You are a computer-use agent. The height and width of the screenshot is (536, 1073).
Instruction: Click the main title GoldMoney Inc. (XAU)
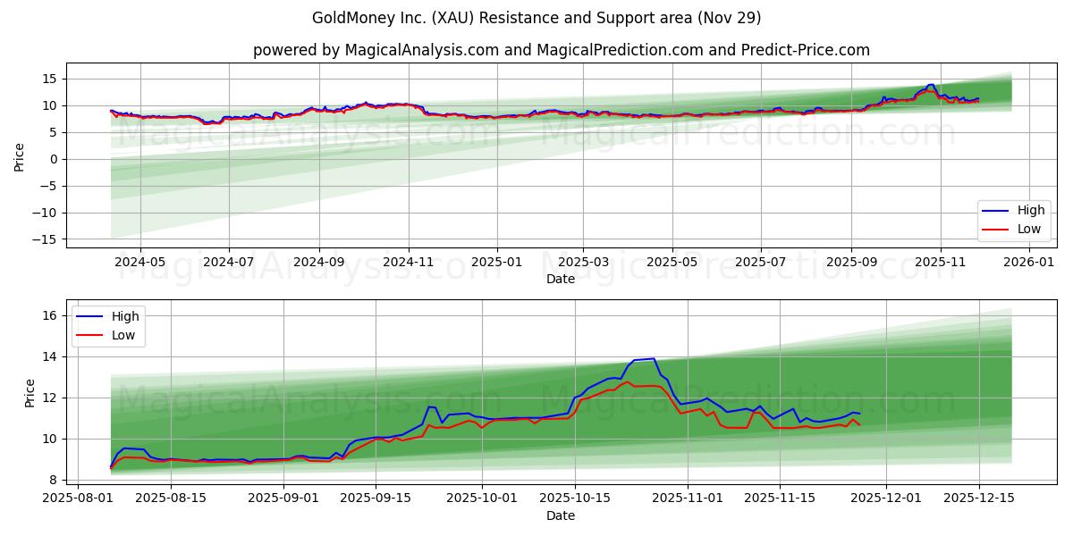(x=536, y=18)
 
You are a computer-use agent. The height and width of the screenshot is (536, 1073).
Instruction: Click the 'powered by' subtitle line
(x=561, y=50)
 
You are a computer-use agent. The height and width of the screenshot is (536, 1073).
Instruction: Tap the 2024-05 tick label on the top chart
(x=140, y=263)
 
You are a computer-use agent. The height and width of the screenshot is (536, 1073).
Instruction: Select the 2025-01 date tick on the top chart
(x=495, y=263)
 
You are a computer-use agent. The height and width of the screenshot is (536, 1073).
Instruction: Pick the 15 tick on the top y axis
(x=52, y=79)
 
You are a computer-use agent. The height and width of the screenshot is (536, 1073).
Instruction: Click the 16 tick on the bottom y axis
(x=52, y=315)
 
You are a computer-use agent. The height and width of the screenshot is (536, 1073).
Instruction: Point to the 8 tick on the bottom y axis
(x=55, y=480)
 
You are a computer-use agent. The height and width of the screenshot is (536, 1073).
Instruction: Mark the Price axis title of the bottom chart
(x=30, y=393)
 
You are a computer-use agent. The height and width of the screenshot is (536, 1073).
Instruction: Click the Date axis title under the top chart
(x=561, y=279)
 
